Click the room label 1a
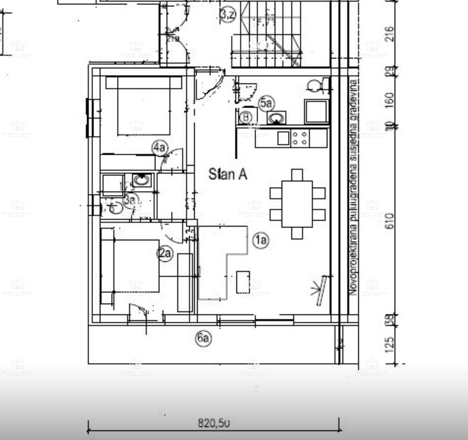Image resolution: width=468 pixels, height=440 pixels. [261, 240]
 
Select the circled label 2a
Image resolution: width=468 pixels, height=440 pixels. [165, 254]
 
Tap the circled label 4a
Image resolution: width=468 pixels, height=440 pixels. [160, 147]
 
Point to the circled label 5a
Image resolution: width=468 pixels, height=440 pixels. [266, 103]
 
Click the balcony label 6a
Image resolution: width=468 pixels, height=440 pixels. [203, 338]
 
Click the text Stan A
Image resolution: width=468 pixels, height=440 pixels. [228, 174]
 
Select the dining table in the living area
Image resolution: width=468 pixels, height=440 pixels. [297, 204]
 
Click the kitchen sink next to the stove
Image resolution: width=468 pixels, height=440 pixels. [283, 138]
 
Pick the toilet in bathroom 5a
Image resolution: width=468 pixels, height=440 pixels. [316, 85]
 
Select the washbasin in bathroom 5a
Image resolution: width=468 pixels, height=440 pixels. [277, 118]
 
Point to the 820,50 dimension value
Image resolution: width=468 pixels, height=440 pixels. [213, 423]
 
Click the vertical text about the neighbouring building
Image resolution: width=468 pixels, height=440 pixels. [353, 187]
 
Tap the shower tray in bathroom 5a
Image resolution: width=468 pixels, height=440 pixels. [316, 111]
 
